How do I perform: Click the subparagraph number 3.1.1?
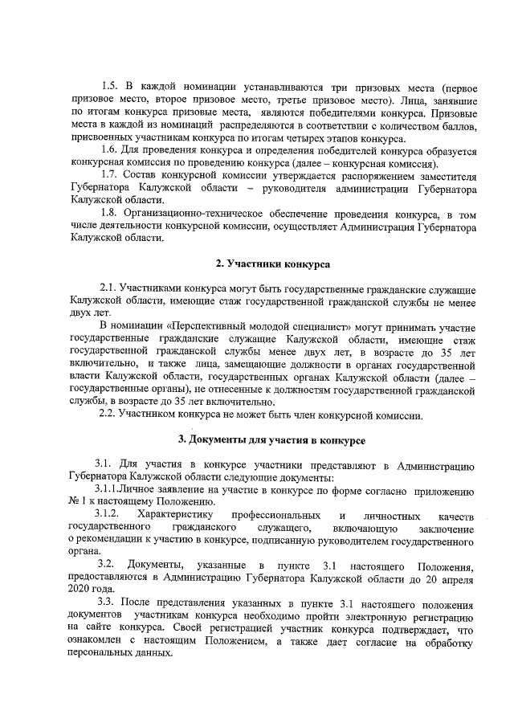pyautogui.click(x=112, y=489)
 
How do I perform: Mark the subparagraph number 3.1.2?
pyautogui.click(x=109, y=513)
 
